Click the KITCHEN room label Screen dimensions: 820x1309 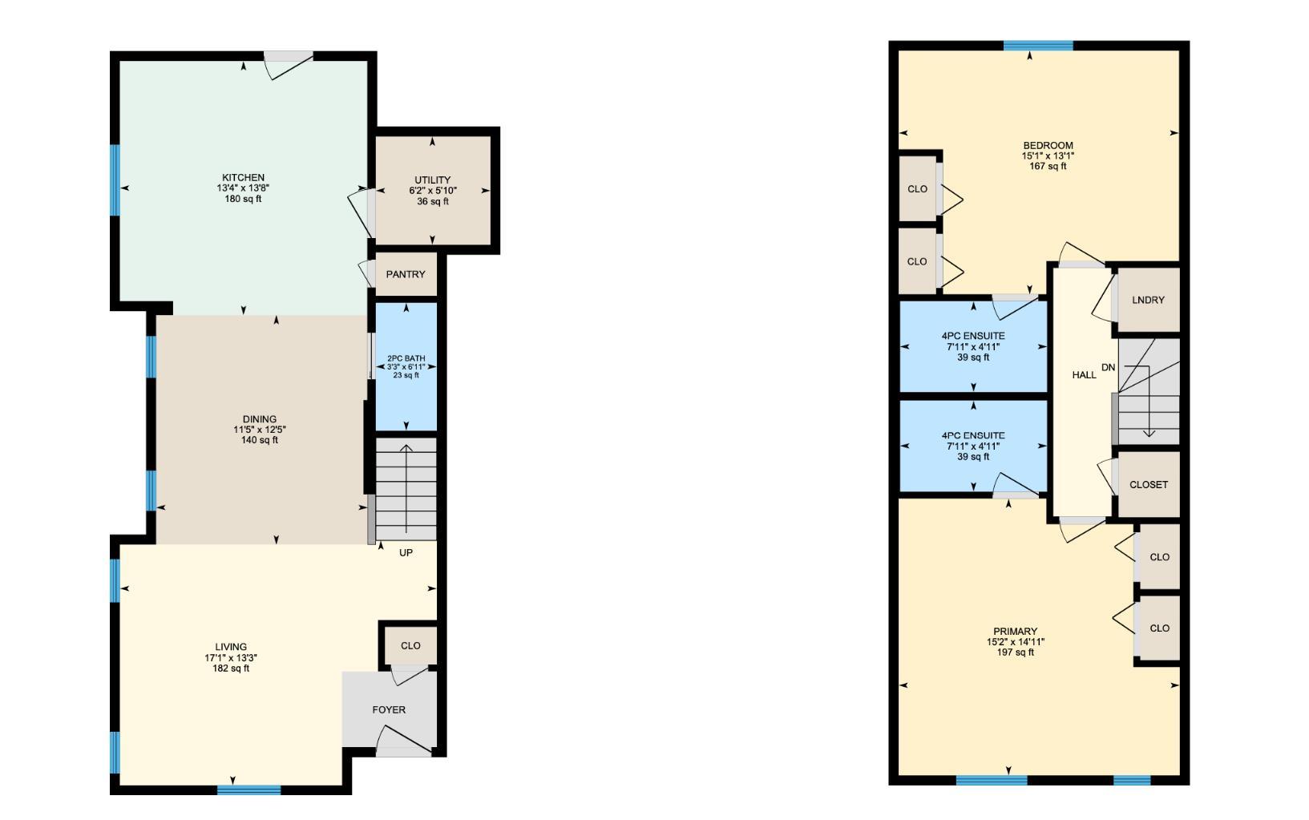[x=243, y=177]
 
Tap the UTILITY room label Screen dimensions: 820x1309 [x=432, y=180]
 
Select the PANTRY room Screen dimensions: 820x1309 [x=406, y=274]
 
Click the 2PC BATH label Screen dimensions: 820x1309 [x=406, y=358]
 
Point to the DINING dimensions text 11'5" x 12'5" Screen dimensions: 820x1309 [x=260, y=430]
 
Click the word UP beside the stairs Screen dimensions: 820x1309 [x=406, y=553]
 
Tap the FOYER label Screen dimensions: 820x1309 [x=389, y=709]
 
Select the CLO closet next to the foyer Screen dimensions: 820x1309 [x=410, y=645]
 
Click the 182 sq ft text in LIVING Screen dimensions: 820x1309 [x=231, y=669]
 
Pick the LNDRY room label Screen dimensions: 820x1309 [x=1148, y=300]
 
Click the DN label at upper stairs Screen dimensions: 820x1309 [x=1108, y=368]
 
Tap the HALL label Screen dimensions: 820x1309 [x=1084, y=375]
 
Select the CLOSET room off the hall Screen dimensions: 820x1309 [x=1148, y=485]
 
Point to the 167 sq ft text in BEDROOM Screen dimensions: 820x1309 [x=1048, y=167]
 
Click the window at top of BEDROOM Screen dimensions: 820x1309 [x=1038, y=46]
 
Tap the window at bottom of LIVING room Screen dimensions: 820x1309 [x=248, y=790]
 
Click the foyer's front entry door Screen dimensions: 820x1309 [x=404, y=751]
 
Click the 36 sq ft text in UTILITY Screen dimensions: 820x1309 [x=432, y=201]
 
